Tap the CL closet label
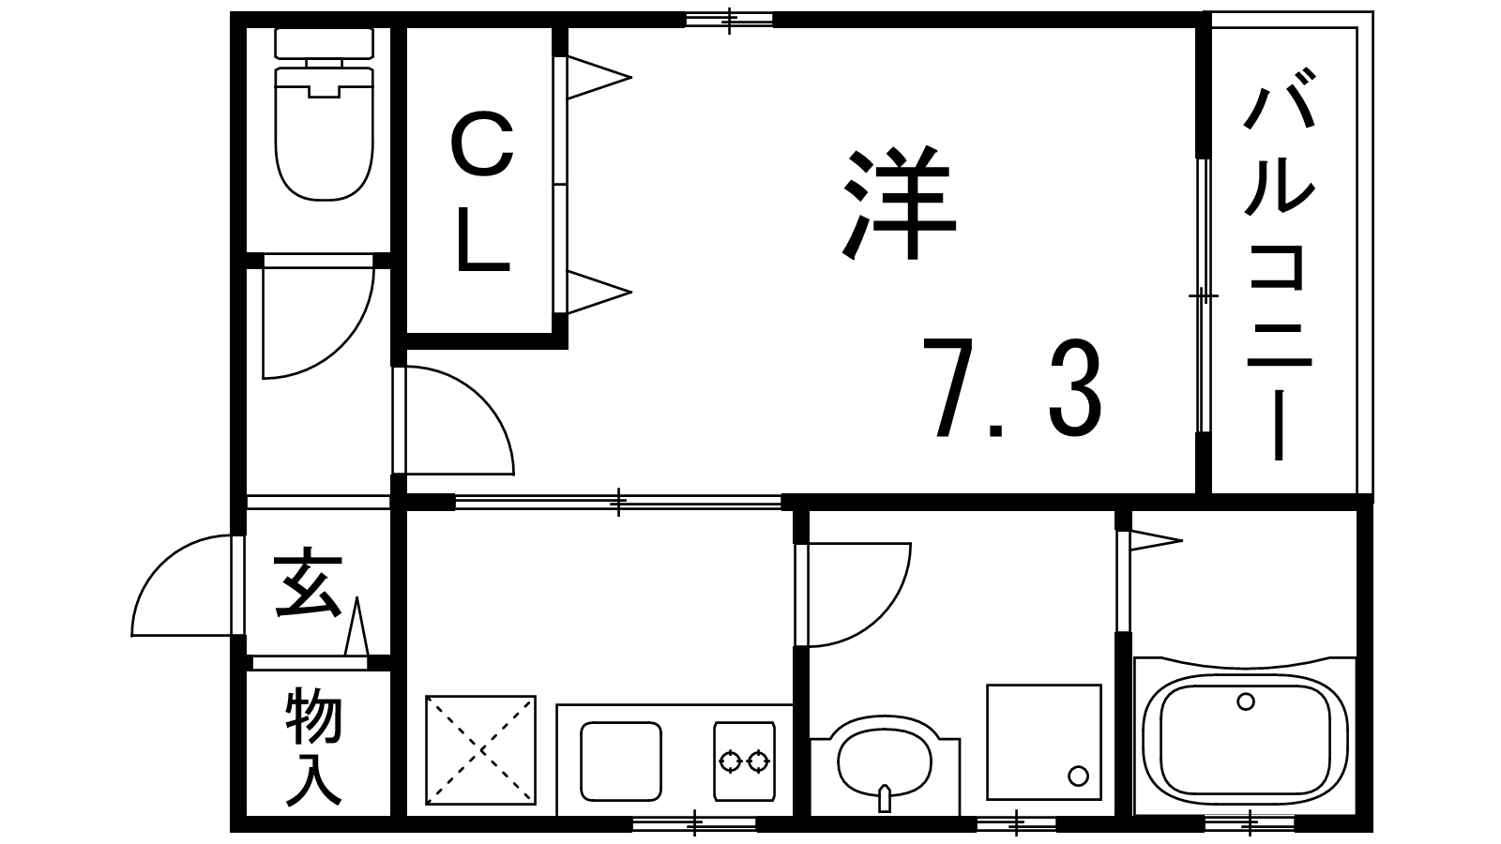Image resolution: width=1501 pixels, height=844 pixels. pos(482,192)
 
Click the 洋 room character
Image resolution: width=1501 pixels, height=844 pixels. pos(898,203)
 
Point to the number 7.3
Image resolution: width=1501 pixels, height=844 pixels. pos(1012,388)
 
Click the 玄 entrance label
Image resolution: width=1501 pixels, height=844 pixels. pos(309,581)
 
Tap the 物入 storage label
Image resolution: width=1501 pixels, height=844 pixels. pos(313,748)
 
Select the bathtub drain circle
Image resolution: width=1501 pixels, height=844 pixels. pos(1246,702)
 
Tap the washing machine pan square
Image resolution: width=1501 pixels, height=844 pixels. pos(1044,742)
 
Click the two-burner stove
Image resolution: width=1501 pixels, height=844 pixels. pos(745,761)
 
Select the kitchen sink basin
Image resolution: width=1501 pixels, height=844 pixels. pos(621,761)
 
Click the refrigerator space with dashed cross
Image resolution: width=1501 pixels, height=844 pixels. pos(481,750)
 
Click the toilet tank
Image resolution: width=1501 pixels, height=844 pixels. pos(325,43)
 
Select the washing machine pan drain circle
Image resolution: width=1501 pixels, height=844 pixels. pos(1078,776)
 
